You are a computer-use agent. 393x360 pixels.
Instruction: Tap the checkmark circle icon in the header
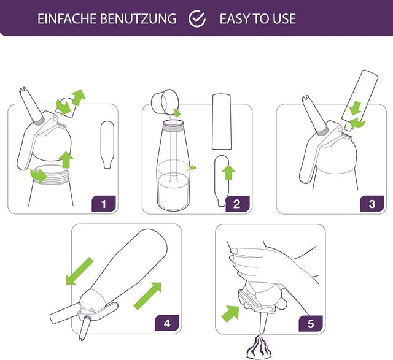pos(197,18)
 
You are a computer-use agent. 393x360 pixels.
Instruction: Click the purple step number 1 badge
pos(103,204)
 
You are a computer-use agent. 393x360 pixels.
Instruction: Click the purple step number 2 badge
pos(237,204)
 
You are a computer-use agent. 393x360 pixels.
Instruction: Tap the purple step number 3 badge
pos(371,204)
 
